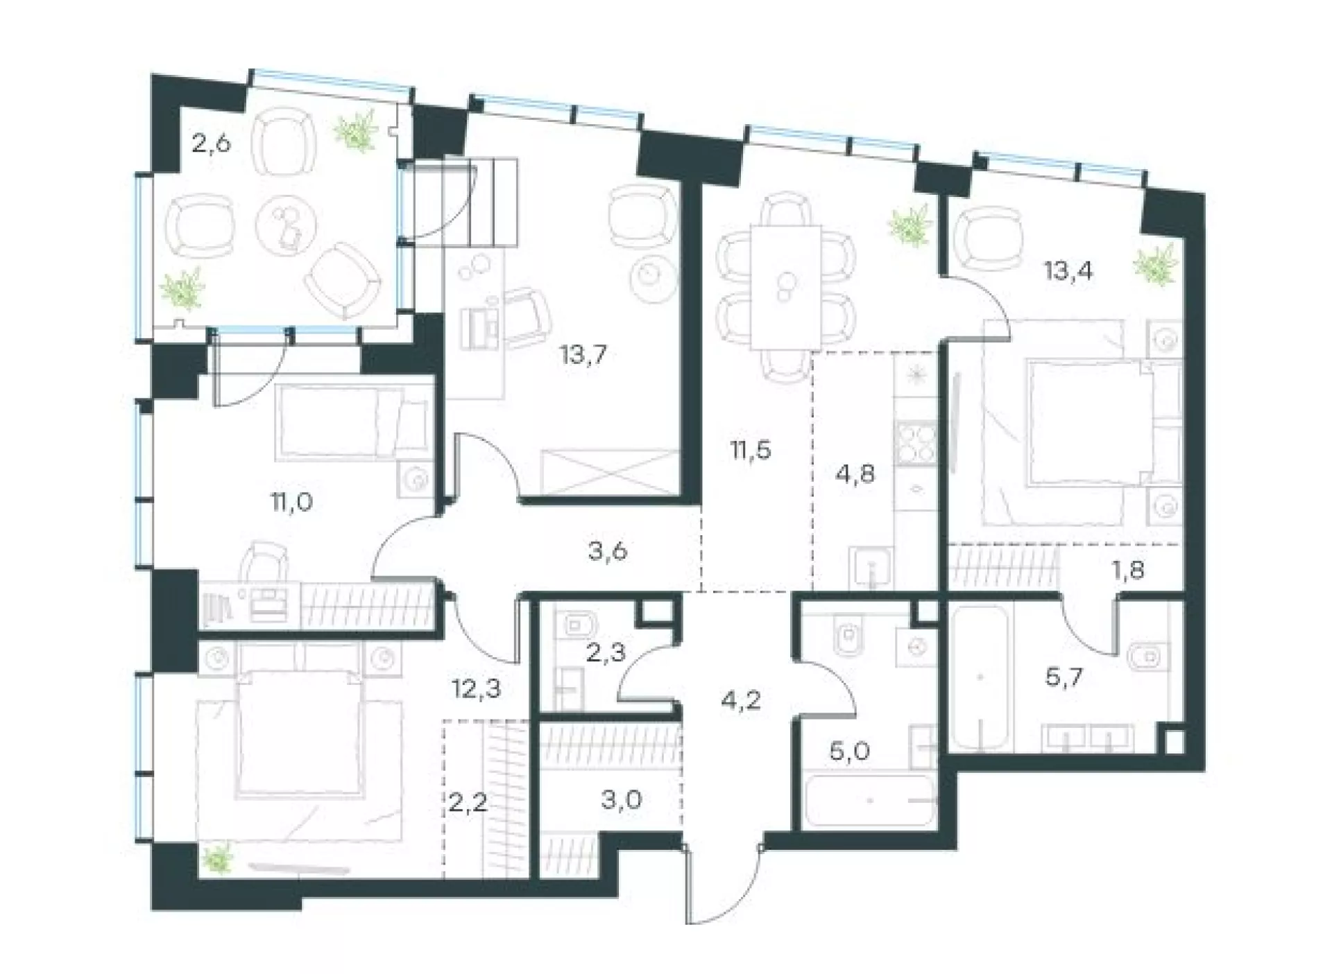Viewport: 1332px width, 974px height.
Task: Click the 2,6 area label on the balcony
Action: tap(211, 145)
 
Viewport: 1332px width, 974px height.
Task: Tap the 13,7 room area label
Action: tap(583, 356)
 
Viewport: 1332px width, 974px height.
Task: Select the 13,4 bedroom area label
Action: tap(1068, 270)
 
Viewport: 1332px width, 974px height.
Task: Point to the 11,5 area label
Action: tap(751, 450)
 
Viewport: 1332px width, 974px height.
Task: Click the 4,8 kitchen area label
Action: tap(855, 473)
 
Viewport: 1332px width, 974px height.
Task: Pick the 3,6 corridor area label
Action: tap(608, 551)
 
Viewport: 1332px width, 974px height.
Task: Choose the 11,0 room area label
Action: tap(291, 501)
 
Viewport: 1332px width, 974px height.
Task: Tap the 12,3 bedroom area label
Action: tap(476, 690)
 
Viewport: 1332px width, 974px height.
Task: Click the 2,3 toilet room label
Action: tap(606, 652)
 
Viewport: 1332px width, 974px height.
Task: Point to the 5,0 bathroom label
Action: tap(850, 751)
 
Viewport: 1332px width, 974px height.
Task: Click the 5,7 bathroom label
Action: tap(1064, 677)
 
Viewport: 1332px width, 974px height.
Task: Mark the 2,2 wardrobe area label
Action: tap(468, 805)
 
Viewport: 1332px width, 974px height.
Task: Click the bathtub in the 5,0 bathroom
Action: tap(871, 801)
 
